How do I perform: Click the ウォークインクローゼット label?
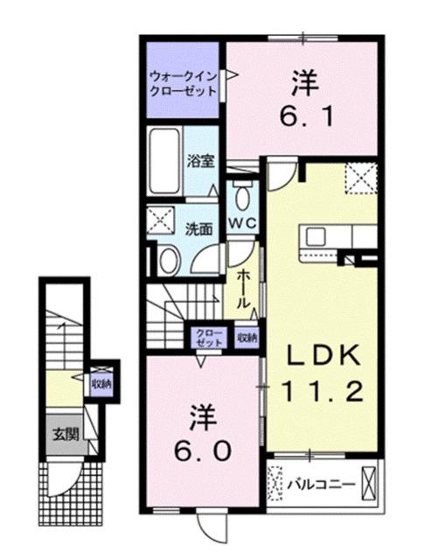point(183,82)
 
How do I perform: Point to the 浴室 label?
point(201,161)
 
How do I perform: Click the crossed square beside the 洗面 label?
point(160,220)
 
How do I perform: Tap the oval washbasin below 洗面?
point(170,259)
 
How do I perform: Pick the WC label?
point(242,224)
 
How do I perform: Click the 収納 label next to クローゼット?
point(246,338)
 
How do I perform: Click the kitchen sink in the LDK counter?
point(315,236)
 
